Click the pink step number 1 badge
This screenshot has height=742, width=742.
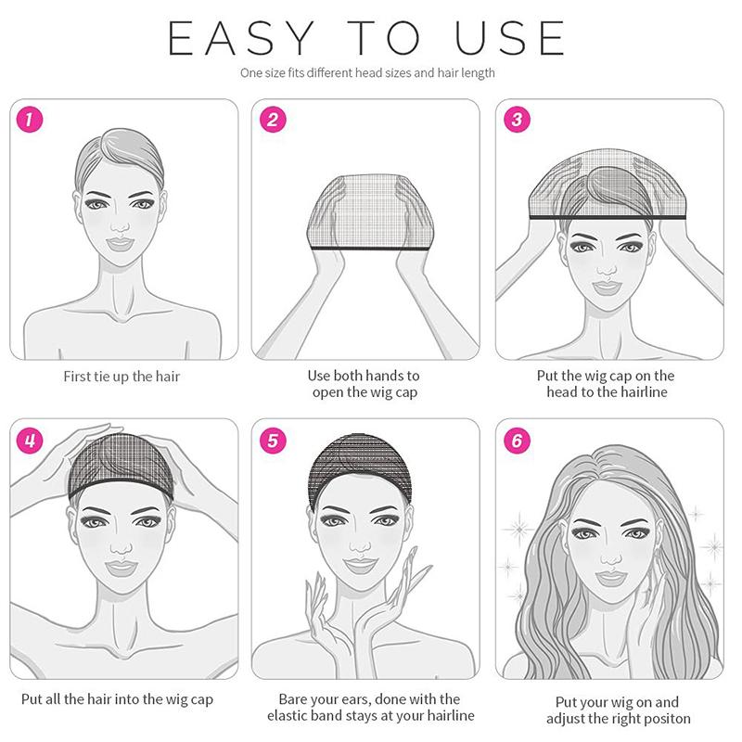point(31,120)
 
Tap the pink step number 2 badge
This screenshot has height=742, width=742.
point(273,120)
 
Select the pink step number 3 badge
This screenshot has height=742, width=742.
point(517,120)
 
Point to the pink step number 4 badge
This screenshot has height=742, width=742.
point(31,440)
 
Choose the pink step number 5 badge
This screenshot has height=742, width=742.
point(273,440)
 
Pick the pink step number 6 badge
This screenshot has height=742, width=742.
point(517,440)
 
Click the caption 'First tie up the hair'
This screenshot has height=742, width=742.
point(122,377)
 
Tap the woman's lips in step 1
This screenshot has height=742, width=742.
point(120,244)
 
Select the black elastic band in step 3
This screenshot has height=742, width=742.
point(607,216)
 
